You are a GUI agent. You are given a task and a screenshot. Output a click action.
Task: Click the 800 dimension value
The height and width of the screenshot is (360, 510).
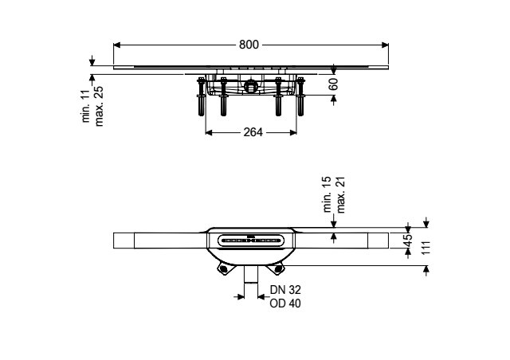point(249,45)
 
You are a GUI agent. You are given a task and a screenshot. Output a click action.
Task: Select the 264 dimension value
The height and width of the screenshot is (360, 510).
point(253,132)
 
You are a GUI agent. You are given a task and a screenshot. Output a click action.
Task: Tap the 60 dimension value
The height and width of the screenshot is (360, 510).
point(334,84)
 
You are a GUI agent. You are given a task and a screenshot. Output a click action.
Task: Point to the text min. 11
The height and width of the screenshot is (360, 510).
point(86,106)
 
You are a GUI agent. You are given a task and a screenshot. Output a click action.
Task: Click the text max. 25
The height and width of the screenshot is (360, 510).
point(99,106)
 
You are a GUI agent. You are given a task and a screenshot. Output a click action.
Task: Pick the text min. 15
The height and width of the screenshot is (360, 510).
point(328,194)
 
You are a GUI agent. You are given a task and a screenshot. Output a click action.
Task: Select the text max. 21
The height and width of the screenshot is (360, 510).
point(340,194)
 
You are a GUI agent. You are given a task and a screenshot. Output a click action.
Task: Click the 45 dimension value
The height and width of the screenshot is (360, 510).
point(408,241)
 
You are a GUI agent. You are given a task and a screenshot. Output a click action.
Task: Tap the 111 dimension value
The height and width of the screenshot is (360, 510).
point(426,248)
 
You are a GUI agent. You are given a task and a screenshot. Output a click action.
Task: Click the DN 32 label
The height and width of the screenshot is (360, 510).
point(285,289)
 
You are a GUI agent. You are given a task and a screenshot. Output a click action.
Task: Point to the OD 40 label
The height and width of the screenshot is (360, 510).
point(285,303)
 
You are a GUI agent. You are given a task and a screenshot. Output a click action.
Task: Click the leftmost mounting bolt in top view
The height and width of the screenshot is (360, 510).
point(202,96)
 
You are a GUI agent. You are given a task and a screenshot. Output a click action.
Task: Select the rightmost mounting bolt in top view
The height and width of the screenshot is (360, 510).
point(300,96)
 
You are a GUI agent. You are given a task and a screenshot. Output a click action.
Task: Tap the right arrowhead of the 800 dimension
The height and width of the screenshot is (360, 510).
point(385,45)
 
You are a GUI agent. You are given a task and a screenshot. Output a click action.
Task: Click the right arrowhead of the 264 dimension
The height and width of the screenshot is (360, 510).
point(293,132)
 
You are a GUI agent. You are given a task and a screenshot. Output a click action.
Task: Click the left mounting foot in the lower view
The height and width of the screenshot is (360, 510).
point(223,268)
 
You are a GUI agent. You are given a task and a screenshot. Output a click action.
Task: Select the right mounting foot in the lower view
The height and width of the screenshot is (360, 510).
point(278,268)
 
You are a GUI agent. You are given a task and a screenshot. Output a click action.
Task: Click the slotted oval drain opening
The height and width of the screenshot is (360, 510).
point(250,241)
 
